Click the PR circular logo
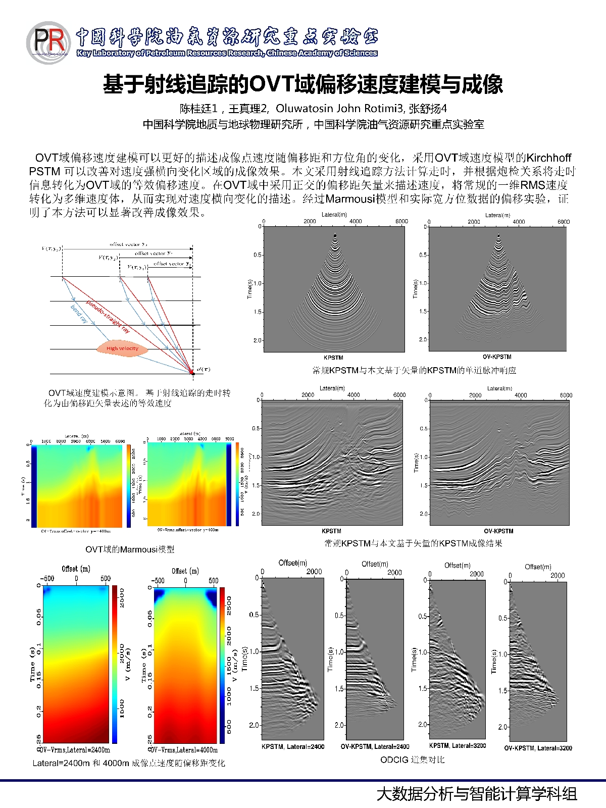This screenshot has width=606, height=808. click(x=48, y=42)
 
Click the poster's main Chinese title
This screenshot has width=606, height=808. click(x=303, y=84)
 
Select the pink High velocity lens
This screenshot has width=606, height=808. click(x=122, y=348)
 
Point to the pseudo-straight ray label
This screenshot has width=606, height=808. click(x=108, y=316)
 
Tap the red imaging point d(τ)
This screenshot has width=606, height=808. click(x=192, y=373)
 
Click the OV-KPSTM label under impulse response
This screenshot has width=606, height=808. click(x=497, y=357)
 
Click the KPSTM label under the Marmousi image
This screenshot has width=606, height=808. click(x=331, y=531)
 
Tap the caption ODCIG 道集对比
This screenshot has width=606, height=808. click(x=412, y=760)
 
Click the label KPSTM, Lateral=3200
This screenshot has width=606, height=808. click(x=458, y=745)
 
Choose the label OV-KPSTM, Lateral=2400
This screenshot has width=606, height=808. click(x=375, y=746)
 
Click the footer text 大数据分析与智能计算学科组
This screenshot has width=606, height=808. click(x=477, y=794)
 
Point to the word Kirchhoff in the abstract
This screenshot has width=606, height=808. click(x=549, y=158)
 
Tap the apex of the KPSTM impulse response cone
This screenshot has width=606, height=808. click(x=335, y=234)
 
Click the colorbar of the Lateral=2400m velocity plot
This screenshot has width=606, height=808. click(x=115, y=664)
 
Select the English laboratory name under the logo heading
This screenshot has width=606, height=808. click(x=227, y=53)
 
